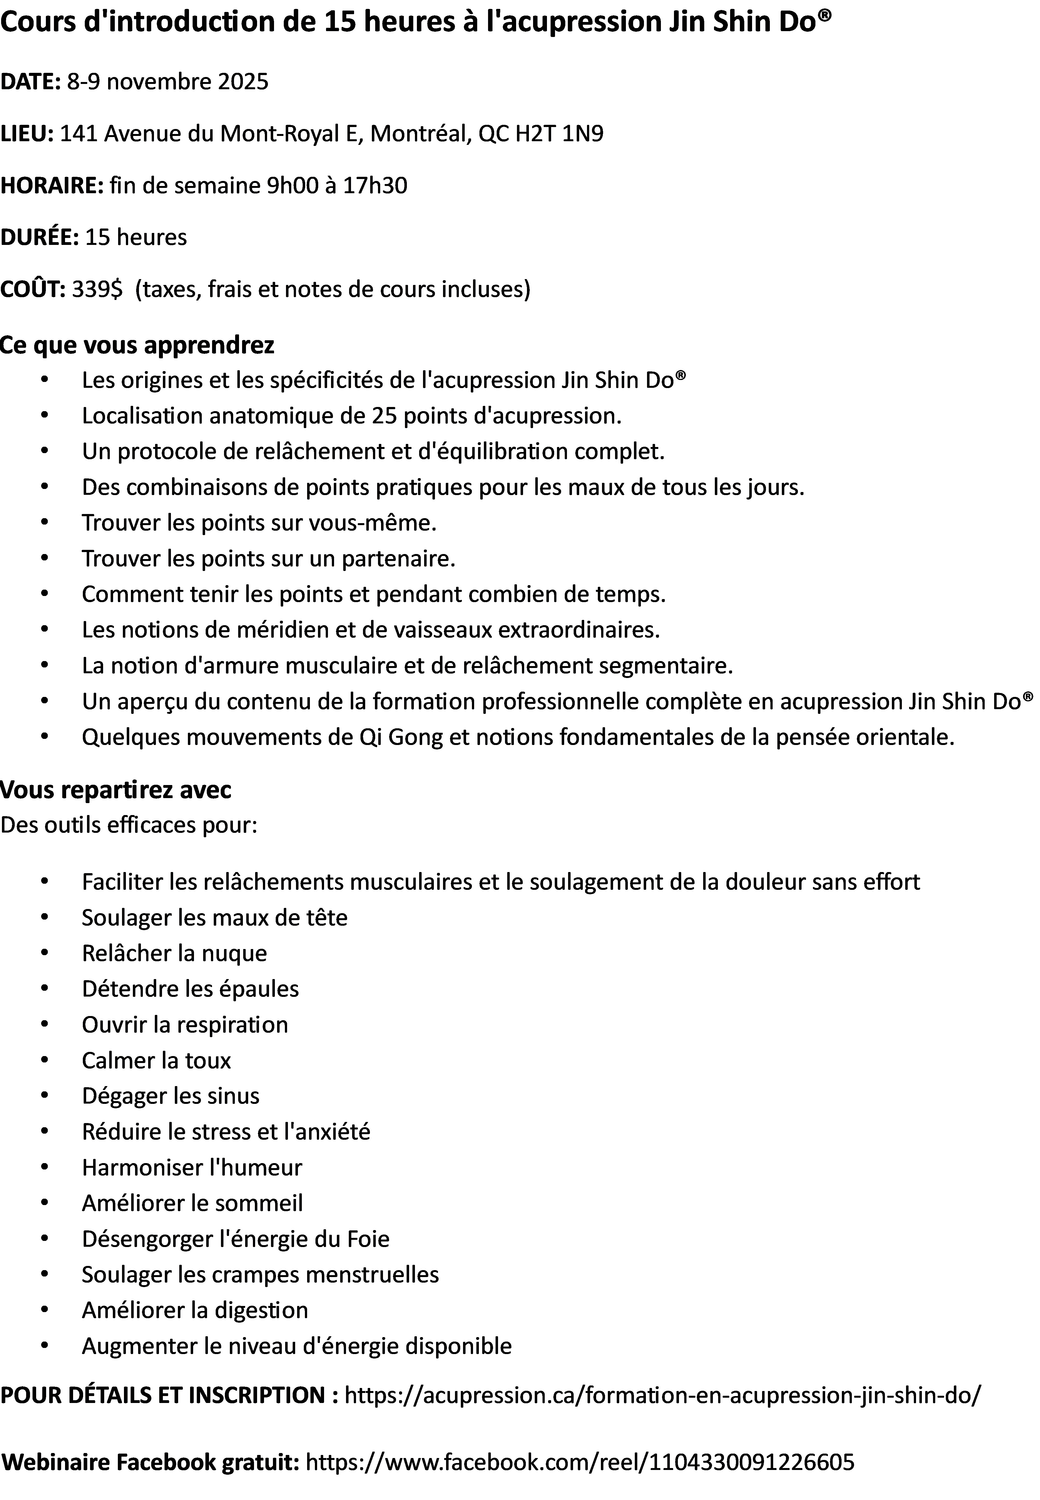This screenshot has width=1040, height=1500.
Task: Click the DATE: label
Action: [31, 82]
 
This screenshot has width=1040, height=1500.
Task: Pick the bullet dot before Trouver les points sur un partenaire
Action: [44, 558]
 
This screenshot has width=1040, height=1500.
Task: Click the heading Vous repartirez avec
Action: [116, 790]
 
